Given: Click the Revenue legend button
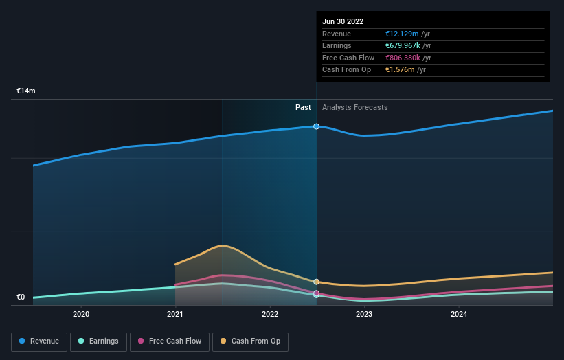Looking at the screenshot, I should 39,341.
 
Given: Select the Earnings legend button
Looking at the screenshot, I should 99,341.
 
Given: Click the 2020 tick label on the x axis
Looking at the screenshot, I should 81,315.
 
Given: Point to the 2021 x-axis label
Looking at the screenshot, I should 175,315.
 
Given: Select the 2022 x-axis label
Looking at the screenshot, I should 270,315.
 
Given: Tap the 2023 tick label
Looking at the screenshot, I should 364,315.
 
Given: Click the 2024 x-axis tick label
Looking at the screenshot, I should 459,315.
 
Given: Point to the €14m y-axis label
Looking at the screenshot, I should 26,91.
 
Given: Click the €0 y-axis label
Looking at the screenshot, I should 21,297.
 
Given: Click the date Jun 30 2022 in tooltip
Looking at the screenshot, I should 343,21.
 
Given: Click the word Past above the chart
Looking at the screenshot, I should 303,108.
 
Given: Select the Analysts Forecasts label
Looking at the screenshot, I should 354,108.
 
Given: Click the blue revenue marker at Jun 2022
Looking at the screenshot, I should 317,126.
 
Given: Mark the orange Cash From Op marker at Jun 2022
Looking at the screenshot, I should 317,282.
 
